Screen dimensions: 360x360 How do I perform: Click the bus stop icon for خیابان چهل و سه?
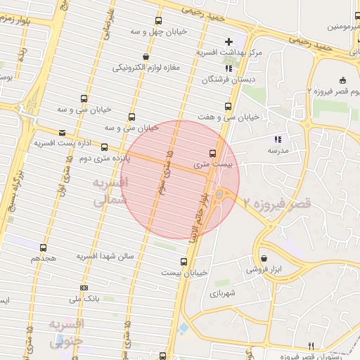(157, 21)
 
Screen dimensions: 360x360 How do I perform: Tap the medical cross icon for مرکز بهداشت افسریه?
(229, 41)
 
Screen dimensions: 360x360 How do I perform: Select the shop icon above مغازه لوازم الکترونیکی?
(145, 57)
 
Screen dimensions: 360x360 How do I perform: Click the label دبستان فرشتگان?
(225, 80)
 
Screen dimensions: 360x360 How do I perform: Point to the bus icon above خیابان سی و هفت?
(227, 106)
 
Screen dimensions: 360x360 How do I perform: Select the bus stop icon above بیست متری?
(212, 153)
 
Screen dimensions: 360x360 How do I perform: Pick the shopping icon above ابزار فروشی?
(264, 258)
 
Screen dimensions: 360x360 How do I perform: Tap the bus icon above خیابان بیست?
(184, 262)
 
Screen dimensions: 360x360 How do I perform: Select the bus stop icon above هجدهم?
(44, 248)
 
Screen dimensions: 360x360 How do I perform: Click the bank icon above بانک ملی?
(84, 288)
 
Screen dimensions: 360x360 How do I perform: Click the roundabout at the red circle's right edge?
(219, 194)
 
